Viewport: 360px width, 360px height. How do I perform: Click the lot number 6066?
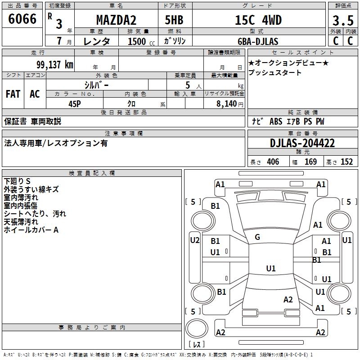tap(22, 20)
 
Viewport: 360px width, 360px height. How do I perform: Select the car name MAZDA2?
tap(116, 21)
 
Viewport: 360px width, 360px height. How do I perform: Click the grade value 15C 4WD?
tap(258, 21)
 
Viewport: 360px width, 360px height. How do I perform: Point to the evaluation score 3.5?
tap(342, 21)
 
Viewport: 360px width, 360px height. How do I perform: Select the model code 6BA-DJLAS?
tap(258, 41)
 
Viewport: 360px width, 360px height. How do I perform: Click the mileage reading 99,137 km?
tap(54, 64)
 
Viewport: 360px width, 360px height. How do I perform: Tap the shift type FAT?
tap(13, 94)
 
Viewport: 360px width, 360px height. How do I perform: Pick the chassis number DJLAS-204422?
tap(302, 143)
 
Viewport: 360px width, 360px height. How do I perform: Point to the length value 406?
tap(272, 162)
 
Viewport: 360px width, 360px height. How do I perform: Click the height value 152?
tap(346, 162)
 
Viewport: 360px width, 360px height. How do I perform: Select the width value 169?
tap(310, 162)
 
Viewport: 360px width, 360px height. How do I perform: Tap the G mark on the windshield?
tap(257, 237)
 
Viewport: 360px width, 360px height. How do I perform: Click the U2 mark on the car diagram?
tap(194, 240)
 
